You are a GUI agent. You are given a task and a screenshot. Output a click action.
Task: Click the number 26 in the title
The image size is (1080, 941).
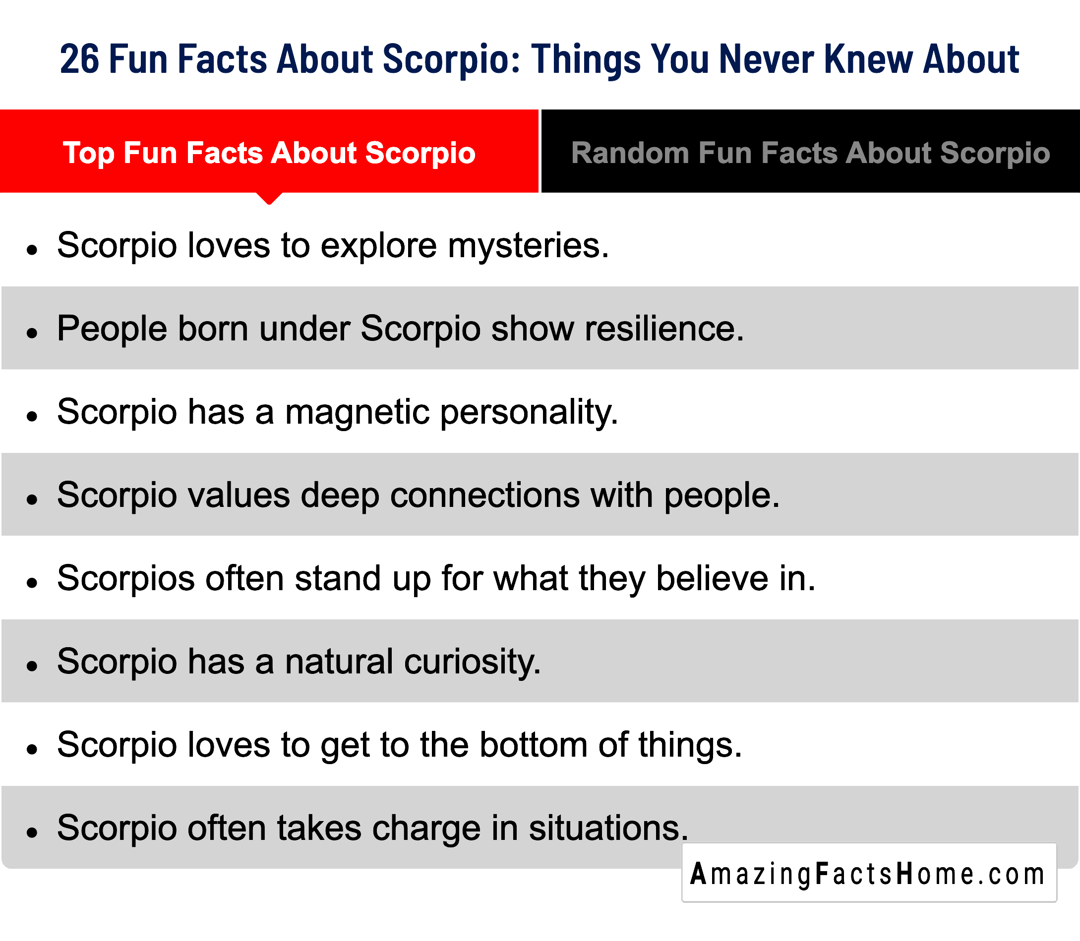[79, 59]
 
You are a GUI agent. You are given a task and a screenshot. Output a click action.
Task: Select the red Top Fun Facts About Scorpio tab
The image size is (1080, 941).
[269, 151]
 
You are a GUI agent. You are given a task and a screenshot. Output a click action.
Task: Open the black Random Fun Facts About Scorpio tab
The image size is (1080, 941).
[810, 151]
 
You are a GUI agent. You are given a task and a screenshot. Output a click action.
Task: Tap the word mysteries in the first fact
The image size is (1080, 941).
[528, 246]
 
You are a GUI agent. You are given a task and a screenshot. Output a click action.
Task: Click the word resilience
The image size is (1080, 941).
[664, 329]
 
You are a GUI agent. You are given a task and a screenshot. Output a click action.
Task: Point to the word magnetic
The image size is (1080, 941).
[357, 412]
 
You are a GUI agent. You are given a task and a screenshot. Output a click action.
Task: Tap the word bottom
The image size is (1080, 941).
[534, 745]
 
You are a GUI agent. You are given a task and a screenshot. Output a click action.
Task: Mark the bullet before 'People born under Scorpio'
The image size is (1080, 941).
[33, 333]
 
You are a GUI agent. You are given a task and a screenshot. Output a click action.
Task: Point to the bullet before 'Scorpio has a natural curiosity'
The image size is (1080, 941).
[33, 666]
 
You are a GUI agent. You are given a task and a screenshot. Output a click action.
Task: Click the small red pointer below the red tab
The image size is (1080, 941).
[269, 198]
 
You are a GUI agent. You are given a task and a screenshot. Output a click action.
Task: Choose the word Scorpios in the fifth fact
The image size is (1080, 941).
[126, 579]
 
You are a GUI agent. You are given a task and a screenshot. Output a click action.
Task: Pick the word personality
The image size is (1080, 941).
[529, 413]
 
